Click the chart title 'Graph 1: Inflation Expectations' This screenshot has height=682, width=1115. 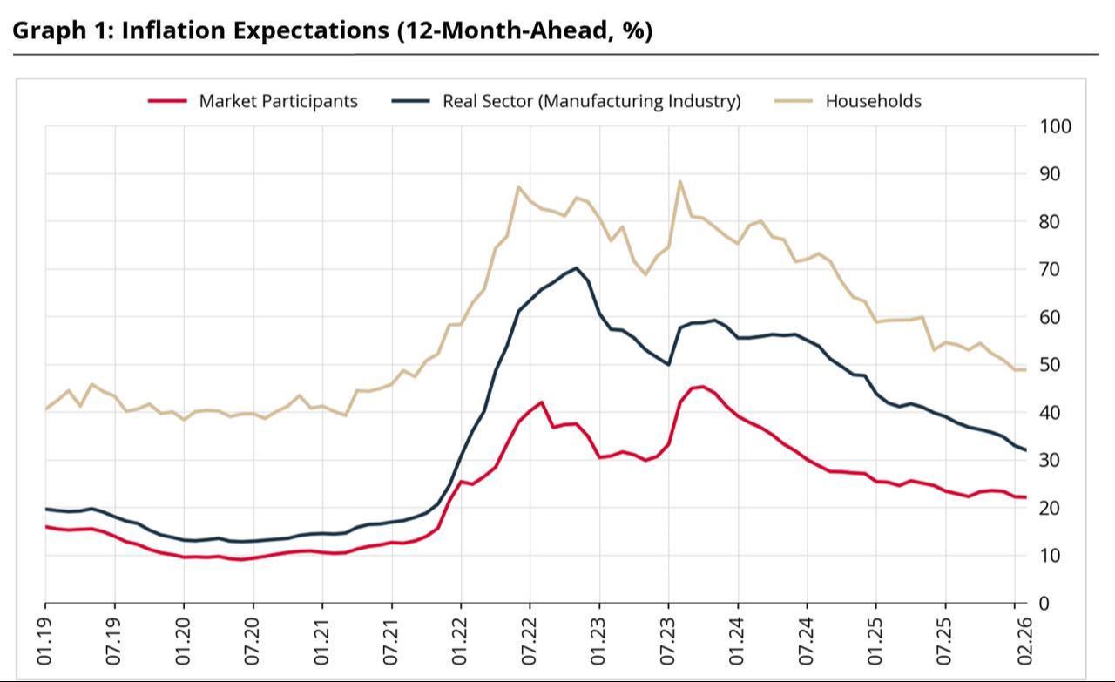tap(332, 30)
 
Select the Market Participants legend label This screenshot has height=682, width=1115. tap(278, 101)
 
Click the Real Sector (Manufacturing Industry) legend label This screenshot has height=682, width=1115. tap(591, 101)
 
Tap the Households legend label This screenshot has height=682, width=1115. tap(873, 101)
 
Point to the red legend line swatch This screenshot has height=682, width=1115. tap(167, 101)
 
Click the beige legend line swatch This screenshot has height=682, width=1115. tap(794, 101)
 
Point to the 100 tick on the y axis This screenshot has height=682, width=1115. tap(1054, 127)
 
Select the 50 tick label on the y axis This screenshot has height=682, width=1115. tap(1049, 365)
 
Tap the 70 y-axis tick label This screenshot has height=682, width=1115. tap(1049, 270)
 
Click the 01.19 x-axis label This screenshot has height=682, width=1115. tap(45, 643)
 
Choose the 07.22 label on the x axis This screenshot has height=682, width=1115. tap(530, 643)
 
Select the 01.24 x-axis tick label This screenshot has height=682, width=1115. tap(738, 643)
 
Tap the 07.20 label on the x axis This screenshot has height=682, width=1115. tap(253, 643)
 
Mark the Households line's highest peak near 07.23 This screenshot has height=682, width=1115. tap(679, 181)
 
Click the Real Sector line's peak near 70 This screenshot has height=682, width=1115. tap(576, 268)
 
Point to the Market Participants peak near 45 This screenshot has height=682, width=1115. tap(702, 387)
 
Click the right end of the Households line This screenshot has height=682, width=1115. tap(1025, 369)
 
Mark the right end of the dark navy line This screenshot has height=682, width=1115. tap(1025, 450)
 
